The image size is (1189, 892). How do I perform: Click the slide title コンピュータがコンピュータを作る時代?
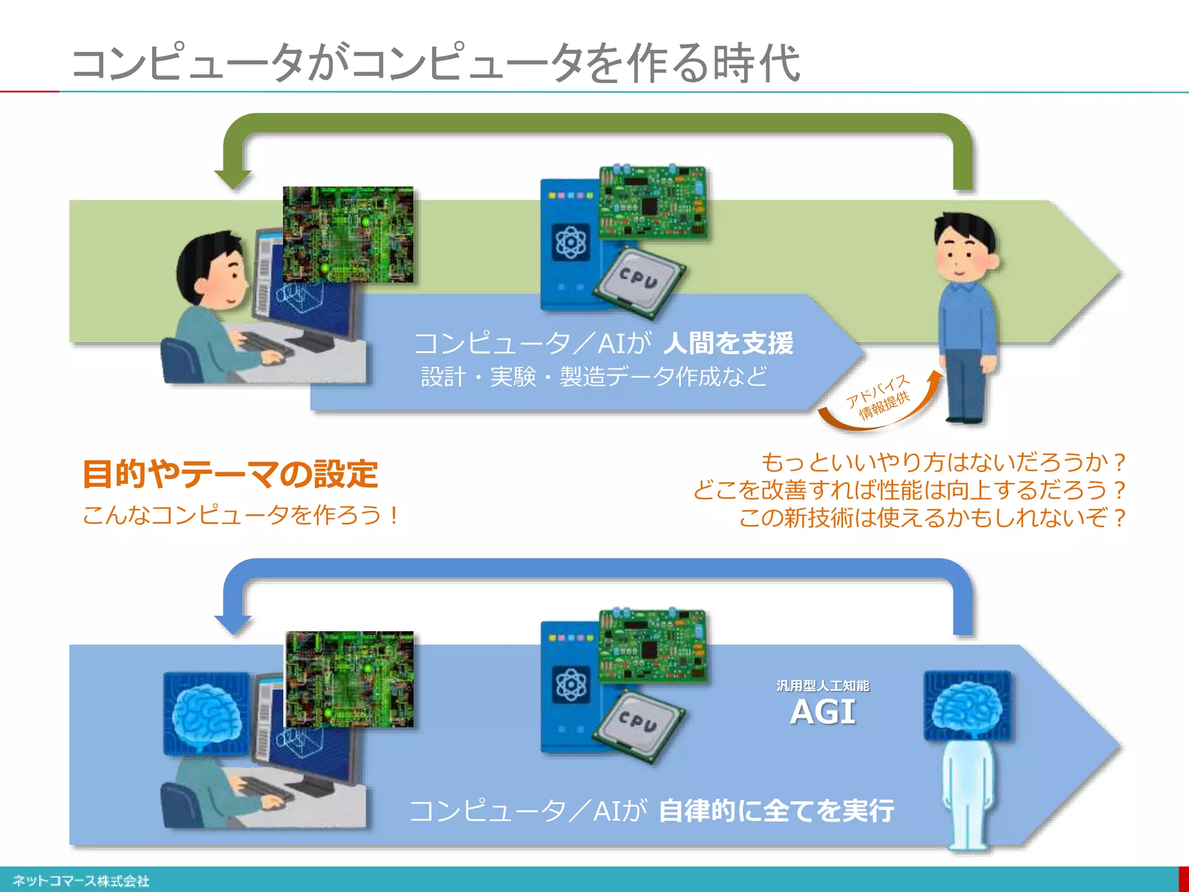click(x=435, y=63)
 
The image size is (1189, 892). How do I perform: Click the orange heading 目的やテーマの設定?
click(x=230, y=474)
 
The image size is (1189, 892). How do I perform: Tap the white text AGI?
click(x=823, y=712)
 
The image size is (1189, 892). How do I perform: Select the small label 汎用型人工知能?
click(x=823, y=685)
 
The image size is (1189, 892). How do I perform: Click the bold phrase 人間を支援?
click(x=728, y=343)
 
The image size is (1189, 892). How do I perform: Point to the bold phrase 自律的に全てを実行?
click(x=776, y=811)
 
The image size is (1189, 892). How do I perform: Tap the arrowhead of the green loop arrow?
click(x=233, y=179)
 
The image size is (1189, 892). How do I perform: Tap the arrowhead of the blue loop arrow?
click(x=233, y=624)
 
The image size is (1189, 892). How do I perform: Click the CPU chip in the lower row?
click(x=638, y=724)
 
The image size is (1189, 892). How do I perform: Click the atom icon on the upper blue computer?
click(x=571, y=242)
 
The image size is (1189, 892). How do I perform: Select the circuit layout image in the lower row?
click(x=350, y=679)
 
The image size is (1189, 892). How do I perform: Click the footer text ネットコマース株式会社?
click(x=81, y=880)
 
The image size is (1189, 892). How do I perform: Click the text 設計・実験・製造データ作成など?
click(x=594, y=377)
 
